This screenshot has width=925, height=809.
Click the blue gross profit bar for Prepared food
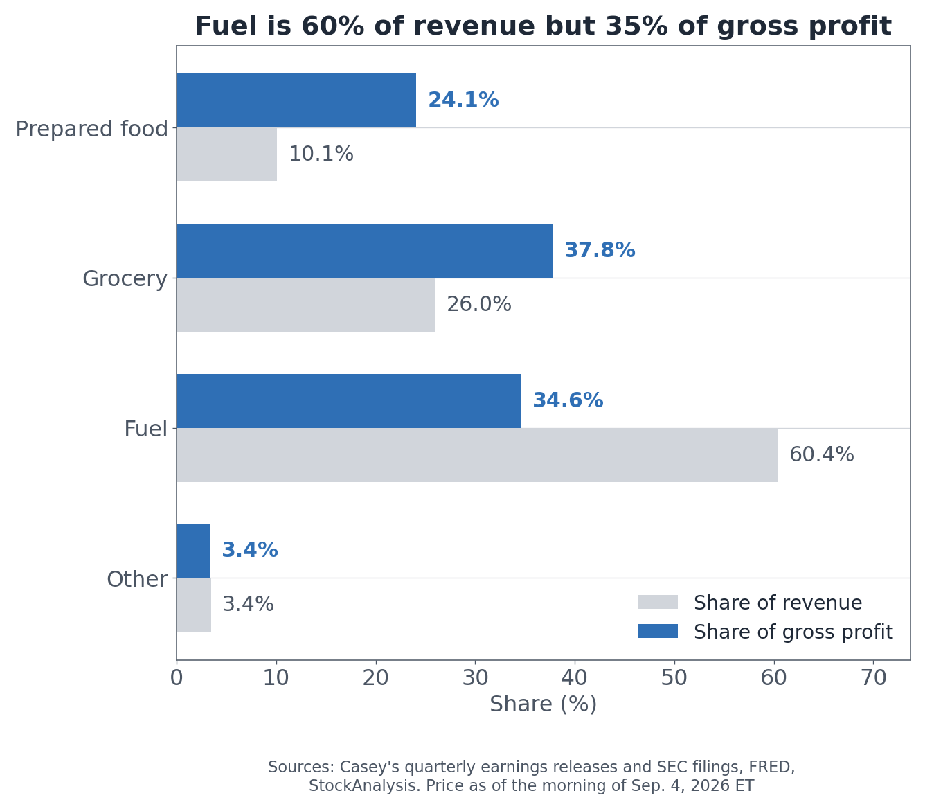click(296, 100)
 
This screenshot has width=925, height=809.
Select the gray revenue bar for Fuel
click(478, 455)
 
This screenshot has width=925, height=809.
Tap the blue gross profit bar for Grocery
click(365, 251)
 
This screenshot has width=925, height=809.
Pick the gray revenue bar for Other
click(194, 605)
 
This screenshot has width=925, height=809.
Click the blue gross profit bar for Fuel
click(349, 400)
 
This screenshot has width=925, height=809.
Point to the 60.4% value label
click(821, 454)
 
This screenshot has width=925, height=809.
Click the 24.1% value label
click(463, 100)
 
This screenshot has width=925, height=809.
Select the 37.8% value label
click(600, 250)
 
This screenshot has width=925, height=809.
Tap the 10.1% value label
click(321, 154)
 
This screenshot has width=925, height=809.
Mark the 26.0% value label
click(479, 304)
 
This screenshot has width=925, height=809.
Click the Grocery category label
click(125, 278)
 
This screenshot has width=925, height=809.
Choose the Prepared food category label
click(92, 129)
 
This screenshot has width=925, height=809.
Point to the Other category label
click(137, 579)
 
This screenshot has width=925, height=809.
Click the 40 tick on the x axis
click(575, 678)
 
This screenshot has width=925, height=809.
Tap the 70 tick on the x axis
click(874, 678)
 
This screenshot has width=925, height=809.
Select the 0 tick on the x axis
click(177, 678)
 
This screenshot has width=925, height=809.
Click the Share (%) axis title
click(543, 704)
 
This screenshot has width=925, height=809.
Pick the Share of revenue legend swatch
click(658, 603)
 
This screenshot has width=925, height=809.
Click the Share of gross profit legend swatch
click(658, 631)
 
